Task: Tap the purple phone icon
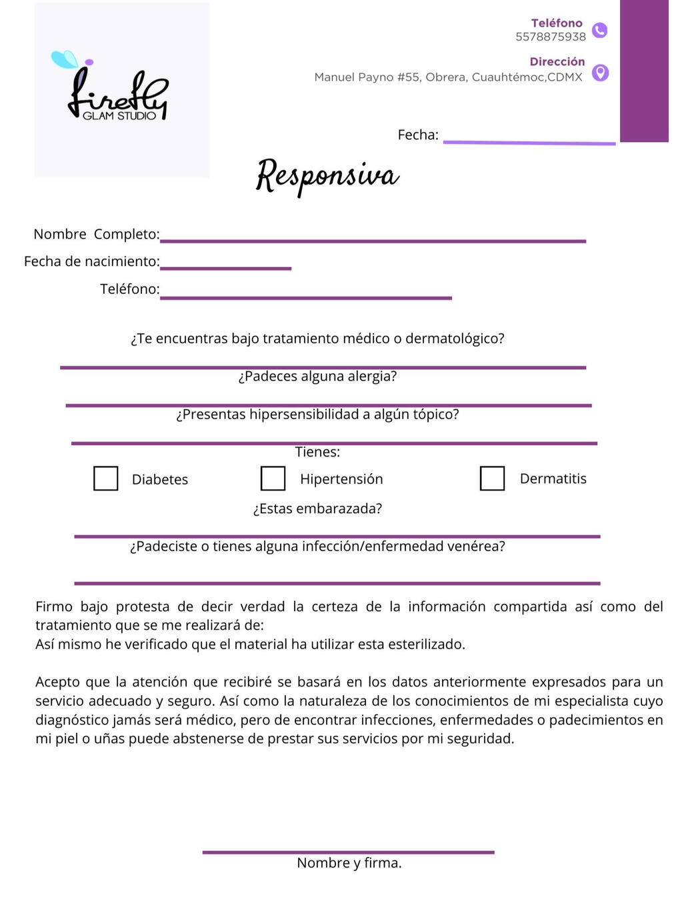(600, 30)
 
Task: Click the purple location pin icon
(600, 72)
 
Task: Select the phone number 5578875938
(550, 37)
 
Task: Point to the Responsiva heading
(327, 176)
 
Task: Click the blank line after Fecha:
(529, 141)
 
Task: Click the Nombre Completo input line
(373, 239)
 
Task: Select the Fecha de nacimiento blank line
(225, 267)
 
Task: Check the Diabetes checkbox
(105, 478)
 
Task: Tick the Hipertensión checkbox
(273, 478)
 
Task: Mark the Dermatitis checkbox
(492, 478)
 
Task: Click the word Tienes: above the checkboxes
(317, 452)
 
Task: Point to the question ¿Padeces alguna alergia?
(317, 376)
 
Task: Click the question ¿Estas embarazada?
(317, 508)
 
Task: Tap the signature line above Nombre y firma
(348, 852)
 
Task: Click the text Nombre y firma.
(349, 863)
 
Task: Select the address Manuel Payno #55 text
(448, 77)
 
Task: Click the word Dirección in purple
(557, 61)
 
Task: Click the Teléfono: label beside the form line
(129, 289)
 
